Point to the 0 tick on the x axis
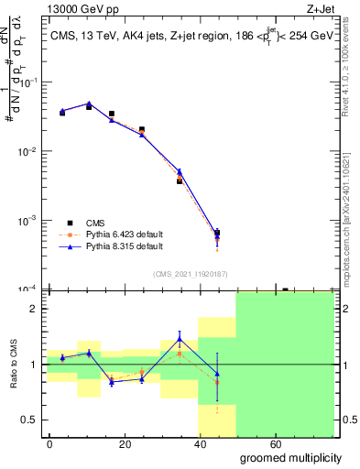click(50, 443)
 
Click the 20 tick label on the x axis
click(144, 443)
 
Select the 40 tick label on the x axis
click(238, 443)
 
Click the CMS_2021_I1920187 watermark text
click(191, 274)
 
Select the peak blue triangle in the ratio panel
click(180, 340)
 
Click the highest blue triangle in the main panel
click(89, 104)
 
